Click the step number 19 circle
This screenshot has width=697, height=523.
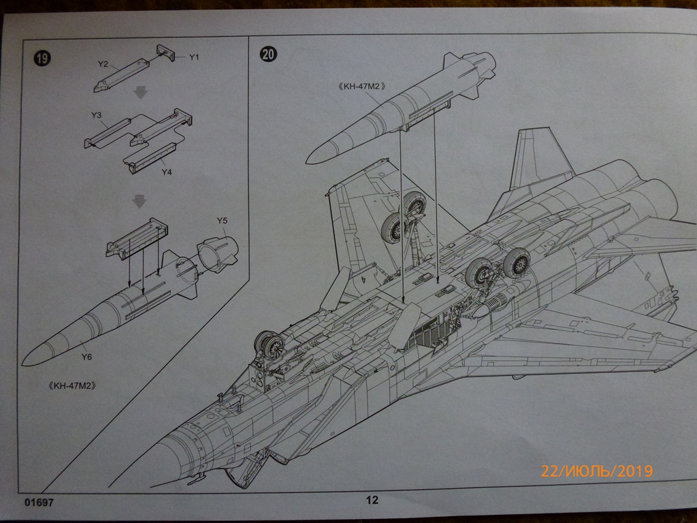coord(42,59)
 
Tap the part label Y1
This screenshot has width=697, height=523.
coord(194,57)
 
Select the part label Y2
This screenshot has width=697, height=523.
coord(103,64)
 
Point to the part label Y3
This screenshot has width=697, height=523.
coord(96,116)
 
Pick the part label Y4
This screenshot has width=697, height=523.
coord(167,172)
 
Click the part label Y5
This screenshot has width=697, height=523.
coord(222,220)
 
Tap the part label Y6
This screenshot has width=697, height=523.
coord(86,357)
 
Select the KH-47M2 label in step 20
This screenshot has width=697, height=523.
coord(361,86)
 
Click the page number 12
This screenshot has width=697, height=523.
coord(372,501)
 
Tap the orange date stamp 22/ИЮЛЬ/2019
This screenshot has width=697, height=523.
coord(596,471)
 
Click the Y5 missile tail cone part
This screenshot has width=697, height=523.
coord(218,255)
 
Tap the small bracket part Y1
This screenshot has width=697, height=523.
coord(167,54)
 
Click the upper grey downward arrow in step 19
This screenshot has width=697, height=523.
coord(140,91)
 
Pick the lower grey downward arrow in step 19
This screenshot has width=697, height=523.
coord(140,201)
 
